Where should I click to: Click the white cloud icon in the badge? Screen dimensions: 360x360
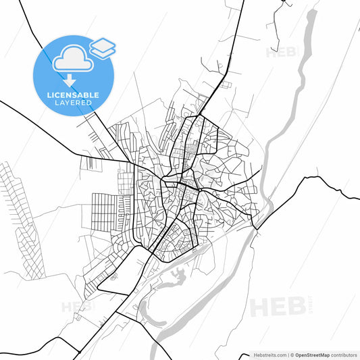tap(72, 59)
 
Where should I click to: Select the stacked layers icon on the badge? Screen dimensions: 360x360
tap(102, 47)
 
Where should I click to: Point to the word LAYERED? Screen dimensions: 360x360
tap(74, 103)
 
